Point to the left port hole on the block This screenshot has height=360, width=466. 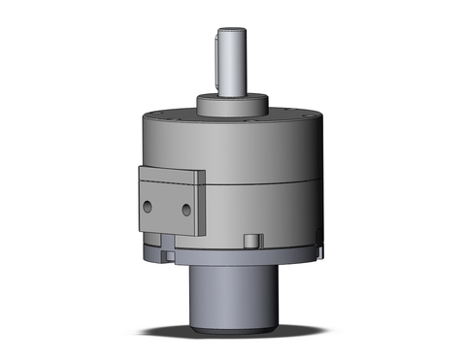click(x=149, y=208)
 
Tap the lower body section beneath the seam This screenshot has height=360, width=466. click(x=262, y=213)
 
